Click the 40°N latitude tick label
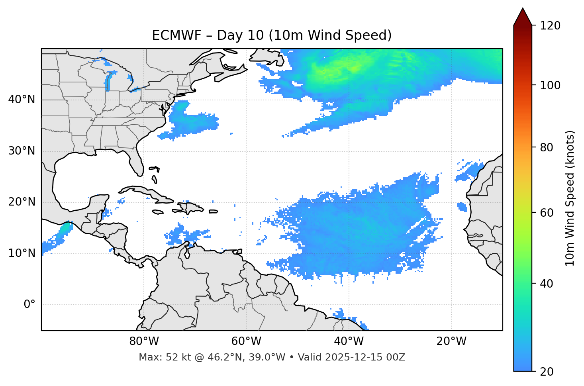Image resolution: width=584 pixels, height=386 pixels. [x=22, y=100]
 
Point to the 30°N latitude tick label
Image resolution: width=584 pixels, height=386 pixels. [x=22, y=151]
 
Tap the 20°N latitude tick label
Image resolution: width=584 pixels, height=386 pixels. [x=22, y=202]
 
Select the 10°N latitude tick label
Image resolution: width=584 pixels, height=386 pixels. [x=22, y=253]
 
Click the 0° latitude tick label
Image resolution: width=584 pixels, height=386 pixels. [x=29, y=305]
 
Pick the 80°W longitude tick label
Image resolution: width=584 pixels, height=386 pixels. [x=144, y=341]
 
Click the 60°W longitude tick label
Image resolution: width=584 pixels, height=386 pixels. [x=246, y=341]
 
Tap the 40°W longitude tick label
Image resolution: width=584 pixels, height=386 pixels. [x=349, y=341]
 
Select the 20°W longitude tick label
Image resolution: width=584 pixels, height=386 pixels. [x=451, y=341]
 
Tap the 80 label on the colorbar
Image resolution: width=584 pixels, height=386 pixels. [x=547, y=147]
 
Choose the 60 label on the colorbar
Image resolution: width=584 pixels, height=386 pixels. [x=547, y=213]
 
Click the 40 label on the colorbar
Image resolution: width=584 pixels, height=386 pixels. [x=547, y=284]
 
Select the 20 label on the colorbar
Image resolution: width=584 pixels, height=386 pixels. [x=547, y=372]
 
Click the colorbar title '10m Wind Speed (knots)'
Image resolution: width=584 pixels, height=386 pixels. [x=570, y=198]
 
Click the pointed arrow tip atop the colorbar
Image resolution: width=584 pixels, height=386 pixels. [x=523, y=9]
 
